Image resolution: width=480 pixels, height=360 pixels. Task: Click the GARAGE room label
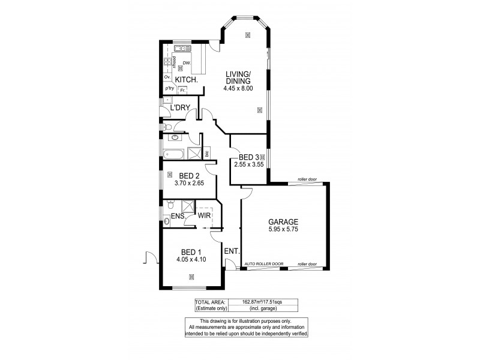pyautogui.click(x=284, y=221)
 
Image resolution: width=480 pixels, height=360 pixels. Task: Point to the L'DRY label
pyautogui.click(x=180, y=108)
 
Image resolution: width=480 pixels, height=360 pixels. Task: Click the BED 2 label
pyautogui.click(x=188, y=176)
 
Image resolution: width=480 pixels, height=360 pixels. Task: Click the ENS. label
pyautogui.click(x=177, y=216)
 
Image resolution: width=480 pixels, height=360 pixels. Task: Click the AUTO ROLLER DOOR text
pyautogui.click(x=263, y=264)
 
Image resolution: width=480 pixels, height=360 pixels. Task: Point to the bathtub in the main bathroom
pyautogui.click(x=173, y=154)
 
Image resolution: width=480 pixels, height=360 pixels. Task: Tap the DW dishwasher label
pyautogui.click(x=187, y=62)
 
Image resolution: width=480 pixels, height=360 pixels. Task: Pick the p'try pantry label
pyautogui.click(x=169, y=89)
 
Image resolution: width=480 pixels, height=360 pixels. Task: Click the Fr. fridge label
pyautogui.click(x=182, y=90)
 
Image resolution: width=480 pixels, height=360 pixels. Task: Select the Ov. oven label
pyautogui.click(x=167, y=77)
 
